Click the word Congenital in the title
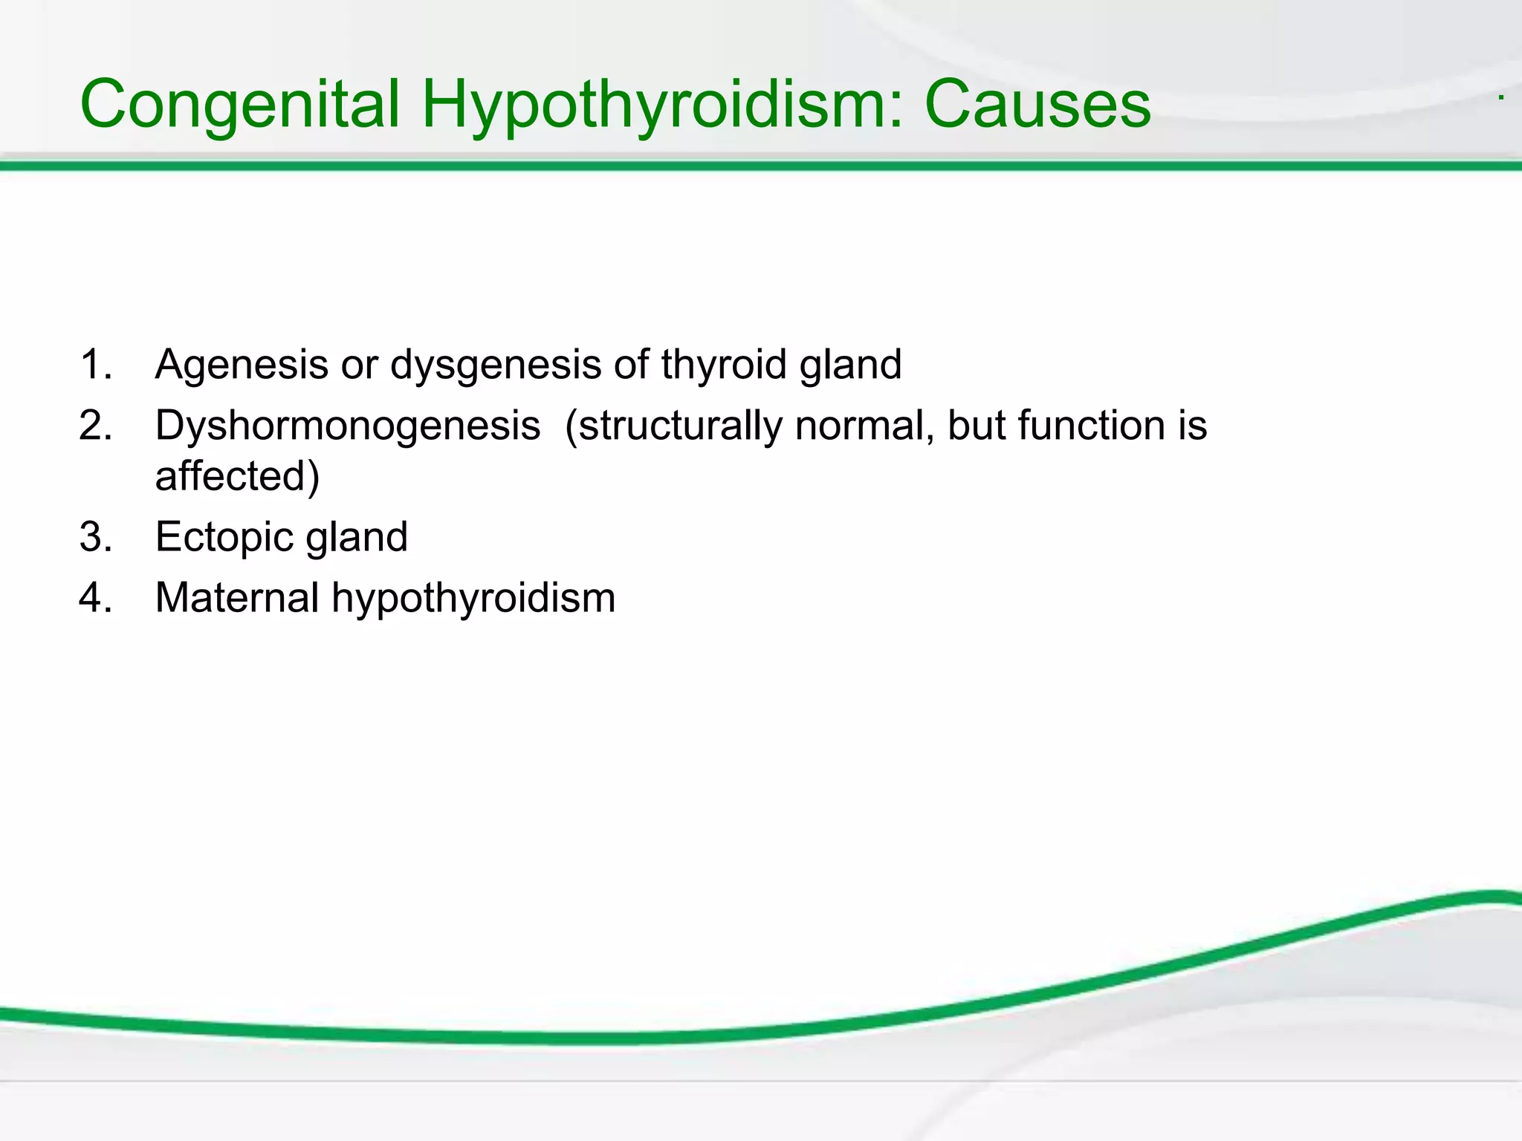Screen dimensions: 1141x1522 tap(240, 105)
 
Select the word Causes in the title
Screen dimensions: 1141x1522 tap(1037, 105)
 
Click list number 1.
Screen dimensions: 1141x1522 tap(95, 365)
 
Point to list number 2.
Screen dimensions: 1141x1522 tap(95, 426)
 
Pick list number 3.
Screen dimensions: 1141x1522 tap(95, 537)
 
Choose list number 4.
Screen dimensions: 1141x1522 tap(95, 598)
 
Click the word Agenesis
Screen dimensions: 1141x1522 tap(242, 365)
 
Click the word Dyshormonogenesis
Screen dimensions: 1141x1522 tap(348, 426)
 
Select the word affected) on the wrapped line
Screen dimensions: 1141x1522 tap(237, 476)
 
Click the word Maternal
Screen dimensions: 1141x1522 tap(237, 598)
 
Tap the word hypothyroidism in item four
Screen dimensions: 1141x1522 tap(473, 598)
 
